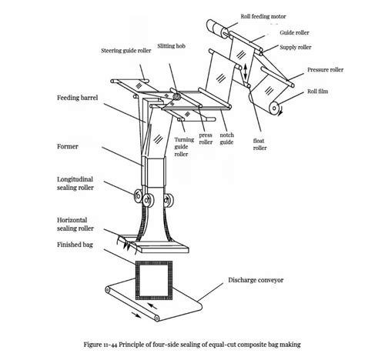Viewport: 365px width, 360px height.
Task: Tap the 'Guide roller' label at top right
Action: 295,33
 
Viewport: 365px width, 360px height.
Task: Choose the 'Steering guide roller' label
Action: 126,52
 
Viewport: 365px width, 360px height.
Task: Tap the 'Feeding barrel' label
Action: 77,98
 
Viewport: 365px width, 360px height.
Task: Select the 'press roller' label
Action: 206,137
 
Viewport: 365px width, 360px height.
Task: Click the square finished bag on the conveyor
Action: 158,285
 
